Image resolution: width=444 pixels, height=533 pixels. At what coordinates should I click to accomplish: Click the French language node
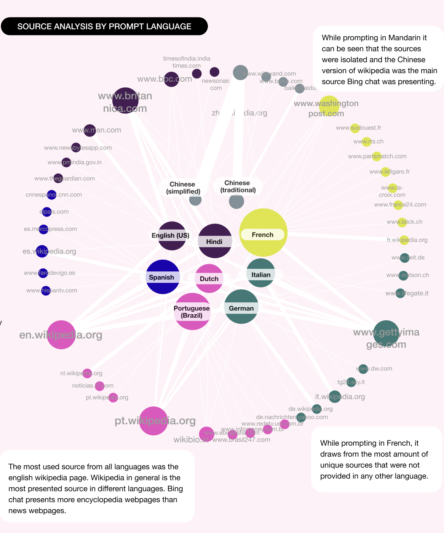click(x=263, y=233)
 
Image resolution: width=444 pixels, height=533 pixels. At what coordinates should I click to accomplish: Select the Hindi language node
click(x=215, y=241)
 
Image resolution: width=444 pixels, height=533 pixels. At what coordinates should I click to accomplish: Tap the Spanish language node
click(x=163, y=277)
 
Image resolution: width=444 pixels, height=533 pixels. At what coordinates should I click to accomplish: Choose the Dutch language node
click(x=209, y=278)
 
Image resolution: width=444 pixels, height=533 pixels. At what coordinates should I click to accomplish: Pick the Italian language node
click(x=261, y=273)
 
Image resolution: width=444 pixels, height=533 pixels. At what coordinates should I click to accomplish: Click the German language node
click(x=241, y=307)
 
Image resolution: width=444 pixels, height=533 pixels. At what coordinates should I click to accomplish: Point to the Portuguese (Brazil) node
click(x=192, y=311)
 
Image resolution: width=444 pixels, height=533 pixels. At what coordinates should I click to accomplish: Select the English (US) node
click(x=172, y=236)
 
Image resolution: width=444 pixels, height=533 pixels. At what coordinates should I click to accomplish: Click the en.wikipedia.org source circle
click(x=61, y=335)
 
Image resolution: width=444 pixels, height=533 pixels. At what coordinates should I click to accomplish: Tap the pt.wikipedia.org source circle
click(x=153, y=421)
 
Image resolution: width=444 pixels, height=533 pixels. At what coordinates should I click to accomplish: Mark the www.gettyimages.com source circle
click(x=386, y=333)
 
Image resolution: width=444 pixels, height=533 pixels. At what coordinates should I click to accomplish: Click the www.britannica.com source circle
click(x=125, y=101)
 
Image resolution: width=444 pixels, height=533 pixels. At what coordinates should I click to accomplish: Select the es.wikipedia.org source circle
click(x=42, y=251)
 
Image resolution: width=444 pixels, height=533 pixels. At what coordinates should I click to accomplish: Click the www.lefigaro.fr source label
click(x=390, y=172)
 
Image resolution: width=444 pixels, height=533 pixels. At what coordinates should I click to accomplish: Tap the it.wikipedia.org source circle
click(x=335, y=397)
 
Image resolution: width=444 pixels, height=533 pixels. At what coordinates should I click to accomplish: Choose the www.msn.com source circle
click(x=90, y=130)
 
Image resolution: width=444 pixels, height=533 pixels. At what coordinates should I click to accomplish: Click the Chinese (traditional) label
click(x=238, y=186)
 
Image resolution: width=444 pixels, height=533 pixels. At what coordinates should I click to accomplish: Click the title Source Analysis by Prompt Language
click(x=104, y=26)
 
